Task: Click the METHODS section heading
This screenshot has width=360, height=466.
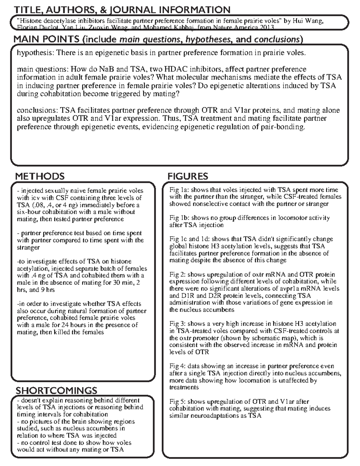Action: pyautogui.click(x=40, y=176)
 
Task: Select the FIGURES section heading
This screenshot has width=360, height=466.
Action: pyautogui.click(x=187, y=176)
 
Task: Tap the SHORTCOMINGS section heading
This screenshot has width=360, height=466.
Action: pyautogui.click(x=56, y=390)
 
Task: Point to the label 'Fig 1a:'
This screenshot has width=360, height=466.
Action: pyautogui.click(x=179, y=190)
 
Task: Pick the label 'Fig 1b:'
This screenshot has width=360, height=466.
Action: pyautogui.click(x=179, y=218)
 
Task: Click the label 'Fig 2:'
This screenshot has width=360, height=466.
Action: pyautogui.click(x=177, y=275)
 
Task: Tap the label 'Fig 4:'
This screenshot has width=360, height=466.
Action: pyautogui.click(x=177, y=366)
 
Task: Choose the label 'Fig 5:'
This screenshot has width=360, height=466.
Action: pyautogui.click(x=177, y=402)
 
